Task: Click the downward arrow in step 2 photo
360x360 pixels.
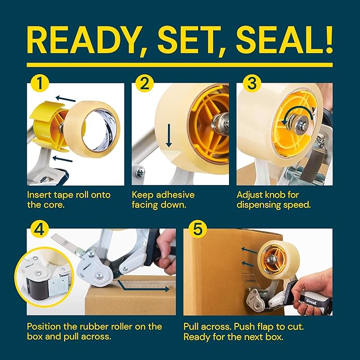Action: tap(169, 135)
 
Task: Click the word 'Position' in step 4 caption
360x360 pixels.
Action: tap(45, 327)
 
